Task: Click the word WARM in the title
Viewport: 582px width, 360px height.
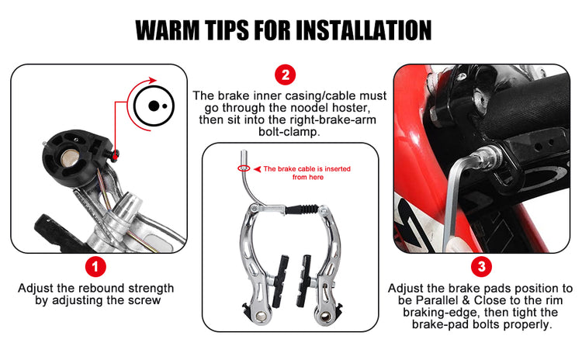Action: [168, 30]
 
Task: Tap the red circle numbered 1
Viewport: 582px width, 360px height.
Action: [95, 266]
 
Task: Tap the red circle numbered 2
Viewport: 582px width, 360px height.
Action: [285, 75]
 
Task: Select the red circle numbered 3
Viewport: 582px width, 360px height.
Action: [481, 266]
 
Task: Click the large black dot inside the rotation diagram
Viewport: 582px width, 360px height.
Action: [154, 106]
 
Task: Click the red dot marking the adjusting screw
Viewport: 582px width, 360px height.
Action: [115, 157]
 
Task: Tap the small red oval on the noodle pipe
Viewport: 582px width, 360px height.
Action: [244, 169]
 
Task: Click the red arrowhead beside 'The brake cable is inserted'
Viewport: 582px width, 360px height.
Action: [257, 169]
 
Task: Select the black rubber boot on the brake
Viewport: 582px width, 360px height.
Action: [303, 209]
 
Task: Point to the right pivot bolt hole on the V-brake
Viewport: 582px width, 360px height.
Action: [325, 317]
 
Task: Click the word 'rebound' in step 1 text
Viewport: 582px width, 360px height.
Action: [102, 288]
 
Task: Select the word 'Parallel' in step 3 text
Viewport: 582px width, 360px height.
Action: [437, 300]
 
